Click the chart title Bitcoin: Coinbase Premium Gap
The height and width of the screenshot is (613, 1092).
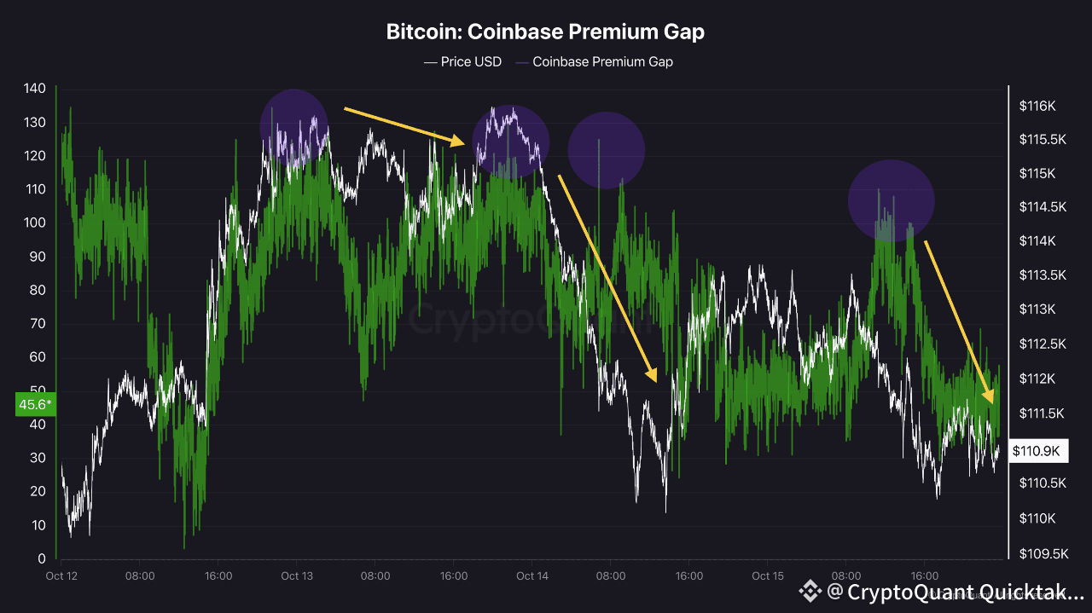(545, 32)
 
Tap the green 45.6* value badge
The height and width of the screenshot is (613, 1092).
(35, 404)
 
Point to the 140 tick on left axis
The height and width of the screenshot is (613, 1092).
(35, 89)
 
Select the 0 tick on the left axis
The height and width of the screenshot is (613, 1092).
(41, 558)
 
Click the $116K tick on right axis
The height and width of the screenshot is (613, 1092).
(1037, 107)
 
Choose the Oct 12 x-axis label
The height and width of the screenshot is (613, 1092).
(61, 576)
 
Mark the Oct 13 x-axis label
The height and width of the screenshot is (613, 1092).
(296, 576)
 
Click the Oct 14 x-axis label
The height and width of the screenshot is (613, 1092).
(531, 576)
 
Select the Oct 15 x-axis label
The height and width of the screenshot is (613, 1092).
(768, 576)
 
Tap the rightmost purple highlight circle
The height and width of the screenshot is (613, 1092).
(892, 201)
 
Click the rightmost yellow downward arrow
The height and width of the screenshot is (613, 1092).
(959, 321)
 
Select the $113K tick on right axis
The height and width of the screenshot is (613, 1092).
(1037, 309)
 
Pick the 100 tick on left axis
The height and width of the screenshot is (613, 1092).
(35, 223)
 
